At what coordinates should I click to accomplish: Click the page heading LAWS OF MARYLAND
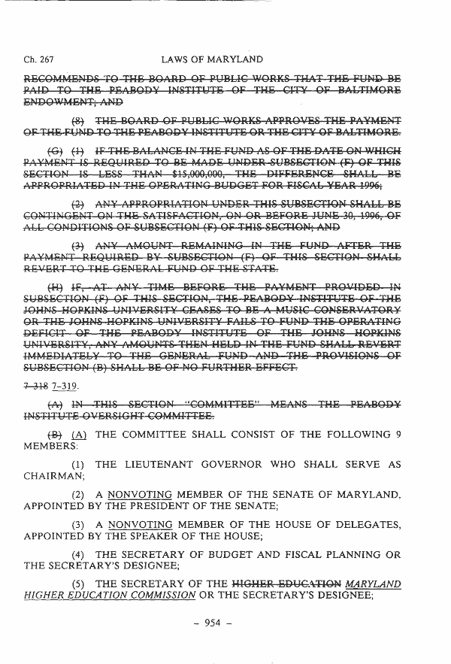pyautogui.click(x=212, y=59)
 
